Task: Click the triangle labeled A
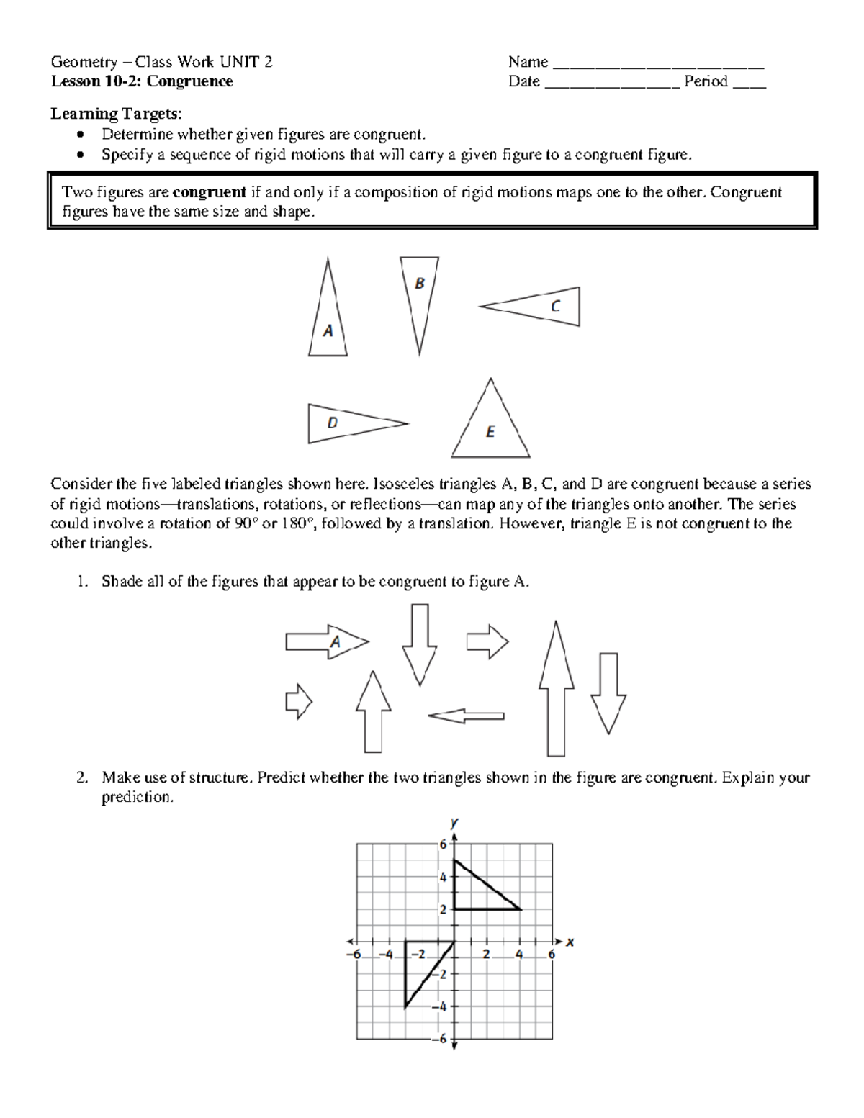(x=328, y=324)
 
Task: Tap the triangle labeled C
(x=547, y=307)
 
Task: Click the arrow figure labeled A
(x=328, y=641)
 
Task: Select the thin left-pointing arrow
(x=466, y=716)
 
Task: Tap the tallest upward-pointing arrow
(x=556, y=691)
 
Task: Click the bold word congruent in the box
(x=209, y=192)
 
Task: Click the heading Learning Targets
(x=116, y=114)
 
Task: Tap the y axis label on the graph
(x=454, y=821)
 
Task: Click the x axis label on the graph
(x=570, y=942)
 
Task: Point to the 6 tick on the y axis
(x=444, y=844)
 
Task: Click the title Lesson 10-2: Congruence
(x=142, y=81)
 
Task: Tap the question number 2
(x=83, y=777)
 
